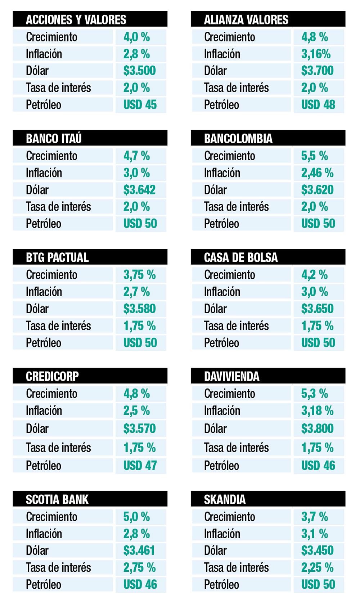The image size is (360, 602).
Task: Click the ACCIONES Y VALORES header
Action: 76,19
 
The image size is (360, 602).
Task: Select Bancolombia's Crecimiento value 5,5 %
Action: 314,156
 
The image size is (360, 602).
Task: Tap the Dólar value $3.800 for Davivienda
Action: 317,428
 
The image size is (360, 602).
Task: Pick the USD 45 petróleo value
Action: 140,105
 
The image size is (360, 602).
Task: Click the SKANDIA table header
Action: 225,499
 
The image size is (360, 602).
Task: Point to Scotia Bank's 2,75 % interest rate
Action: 139,568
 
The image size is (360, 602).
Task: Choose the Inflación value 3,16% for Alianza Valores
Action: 316,54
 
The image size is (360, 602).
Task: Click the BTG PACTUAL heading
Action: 57,257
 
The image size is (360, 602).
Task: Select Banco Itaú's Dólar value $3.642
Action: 139,190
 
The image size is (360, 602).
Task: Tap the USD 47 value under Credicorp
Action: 140,466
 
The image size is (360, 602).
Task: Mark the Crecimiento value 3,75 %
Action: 139,275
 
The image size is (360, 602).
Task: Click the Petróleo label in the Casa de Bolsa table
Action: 221,343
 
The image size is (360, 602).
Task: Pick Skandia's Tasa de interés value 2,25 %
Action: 317,568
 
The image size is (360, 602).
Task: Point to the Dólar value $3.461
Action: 139,551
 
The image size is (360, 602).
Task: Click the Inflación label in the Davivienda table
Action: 222,411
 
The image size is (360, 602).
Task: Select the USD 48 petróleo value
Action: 318,105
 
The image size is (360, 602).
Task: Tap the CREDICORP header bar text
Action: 52,376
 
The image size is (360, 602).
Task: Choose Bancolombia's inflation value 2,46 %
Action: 317,173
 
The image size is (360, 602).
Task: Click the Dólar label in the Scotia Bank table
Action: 37,551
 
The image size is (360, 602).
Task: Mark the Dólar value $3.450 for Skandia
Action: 317,551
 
